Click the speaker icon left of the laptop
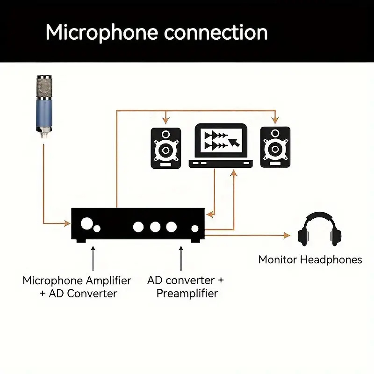[x=165, y=147]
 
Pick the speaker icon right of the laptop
[x=275, y=147]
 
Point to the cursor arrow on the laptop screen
[x=234, y=140]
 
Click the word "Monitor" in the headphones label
[x=278, y=260]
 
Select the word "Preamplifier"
[x=187, y=294]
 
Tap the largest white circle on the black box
[x=86, y=223]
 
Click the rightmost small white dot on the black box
[x=195, y=229]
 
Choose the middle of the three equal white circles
[x=155, y=227]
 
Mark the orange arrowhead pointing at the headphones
[x=287, y=235]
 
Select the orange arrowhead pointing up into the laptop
[x=233, y=173]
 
